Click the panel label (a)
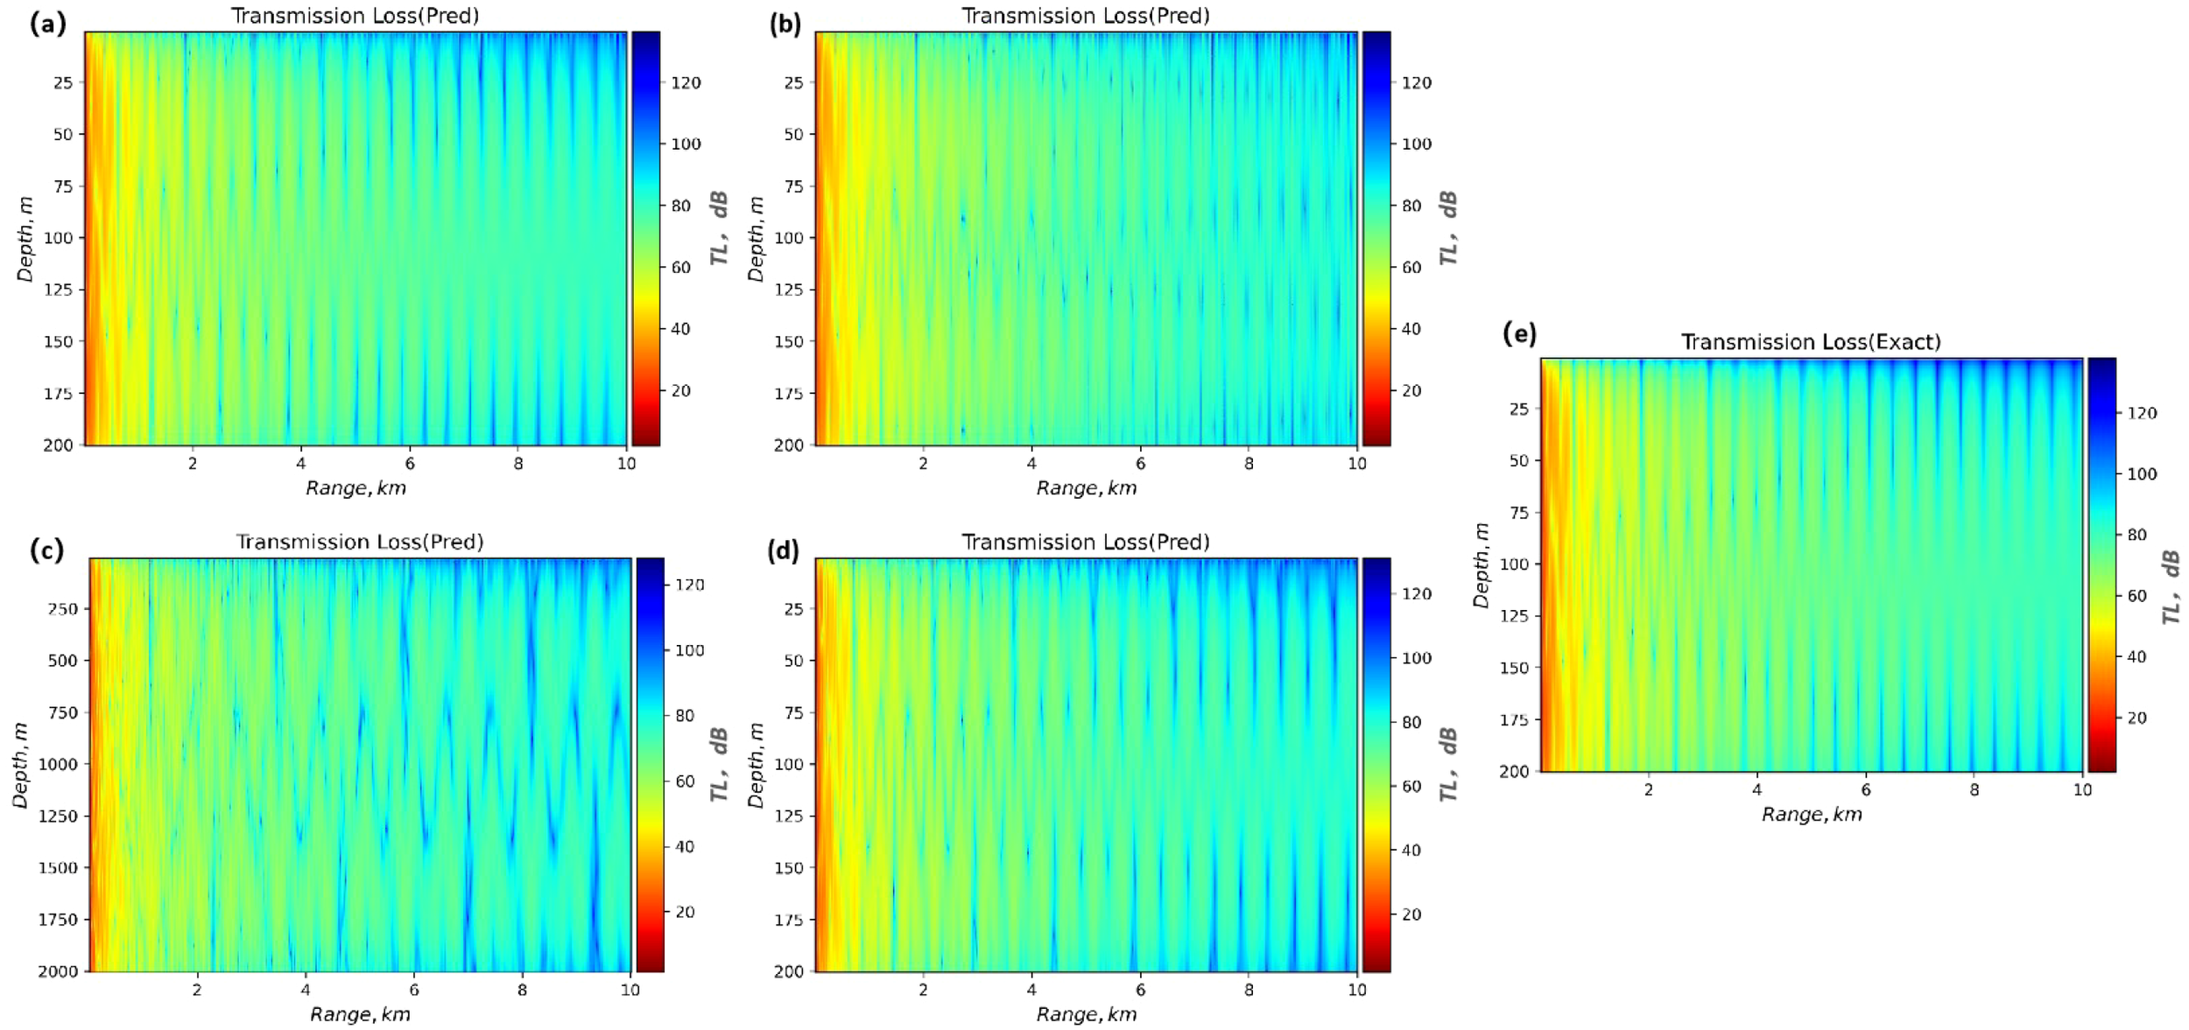point(47,24)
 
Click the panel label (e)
point(1519,334)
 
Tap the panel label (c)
point(46,550)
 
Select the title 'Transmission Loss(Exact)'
point(1810,342)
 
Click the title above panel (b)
point(1085,16)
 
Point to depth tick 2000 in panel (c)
point(58,971)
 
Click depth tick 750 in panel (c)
point(62,712)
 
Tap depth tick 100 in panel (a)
point(58,238)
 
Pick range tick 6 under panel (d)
point(1140,990)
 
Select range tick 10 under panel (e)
point(2081,789)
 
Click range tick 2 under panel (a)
point(193,464)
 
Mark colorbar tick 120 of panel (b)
point(1417,83)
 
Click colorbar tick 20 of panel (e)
point(2136,718)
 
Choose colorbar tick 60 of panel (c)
point(685,781)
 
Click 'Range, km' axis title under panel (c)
point(360,1014)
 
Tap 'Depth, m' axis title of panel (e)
point(1481,565)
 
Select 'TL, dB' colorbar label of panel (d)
point(1449,763)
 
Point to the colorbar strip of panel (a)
point(645,238)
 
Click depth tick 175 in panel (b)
point(788,394)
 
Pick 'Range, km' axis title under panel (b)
point(1086,488)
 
